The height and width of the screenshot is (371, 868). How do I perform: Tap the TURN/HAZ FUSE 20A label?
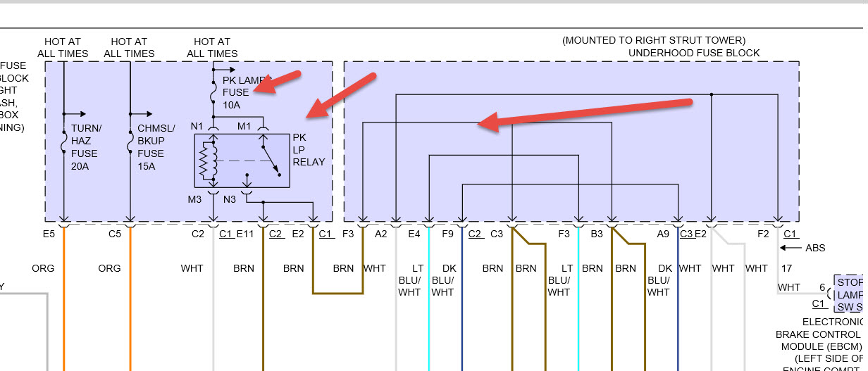click(85, 147)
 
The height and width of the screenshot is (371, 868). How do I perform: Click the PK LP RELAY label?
click(309, 149)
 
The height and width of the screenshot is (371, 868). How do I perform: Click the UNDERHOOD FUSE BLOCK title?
click(694, 53)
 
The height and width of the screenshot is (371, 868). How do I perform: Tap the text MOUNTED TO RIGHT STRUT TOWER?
click(653, 41)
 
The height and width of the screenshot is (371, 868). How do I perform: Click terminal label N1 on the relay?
click(197, 126)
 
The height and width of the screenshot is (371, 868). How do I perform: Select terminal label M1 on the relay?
click(244, 126)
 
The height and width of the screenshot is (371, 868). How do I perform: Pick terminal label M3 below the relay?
click(194, 199)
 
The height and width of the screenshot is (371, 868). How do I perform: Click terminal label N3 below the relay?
click(230, 199)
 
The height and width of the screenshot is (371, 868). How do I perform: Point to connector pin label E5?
click(48, 234)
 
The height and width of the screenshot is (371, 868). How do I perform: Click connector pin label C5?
click(115, 234)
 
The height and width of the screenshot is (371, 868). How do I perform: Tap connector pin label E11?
click(245, 234)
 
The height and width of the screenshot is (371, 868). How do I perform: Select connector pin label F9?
click(448, 234)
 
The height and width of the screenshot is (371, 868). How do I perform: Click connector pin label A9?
click(663, 234)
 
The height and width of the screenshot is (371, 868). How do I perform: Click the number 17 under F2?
click(786, 268)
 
